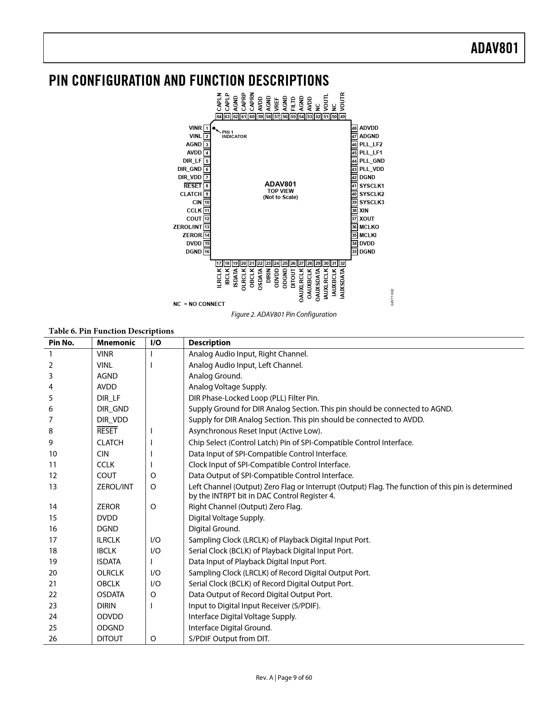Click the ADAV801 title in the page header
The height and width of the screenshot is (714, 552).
point(494,48)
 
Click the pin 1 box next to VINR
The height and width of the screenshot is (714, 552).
point(207,128)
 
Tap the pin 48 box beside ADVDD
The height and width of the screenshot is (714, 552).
point(354,128)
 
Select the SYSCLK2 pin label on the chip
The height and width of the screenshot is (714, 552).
point(371,194)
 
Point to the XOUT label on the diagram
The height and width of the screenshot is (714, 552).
point(367,219)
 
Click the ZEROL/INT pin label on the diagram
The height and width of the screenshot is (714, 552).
point(187,227)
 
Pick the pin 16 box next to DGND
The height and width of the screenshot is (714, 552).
point(207,252)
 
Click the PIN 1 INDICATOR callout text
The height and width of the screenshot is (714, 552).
point(234,135)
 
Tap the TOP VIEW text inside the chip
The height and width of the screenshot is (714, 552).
point(281,191)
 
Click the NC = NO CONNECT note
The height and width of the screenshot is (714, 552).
point(199,304)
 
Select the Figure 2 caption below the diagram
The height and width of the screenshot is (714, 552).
point(284,315)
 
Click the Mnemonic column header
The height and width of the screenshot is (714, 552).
point(116,343)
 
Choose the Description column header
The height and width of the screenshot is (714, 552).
point(210,343)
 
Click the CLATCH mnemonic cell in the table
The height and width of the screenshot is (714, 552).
point(110,443)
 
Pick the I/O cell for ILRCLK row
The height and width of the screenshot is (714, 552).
point(155,540)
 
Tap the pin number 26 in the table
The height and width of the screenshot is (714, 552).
point(53,639)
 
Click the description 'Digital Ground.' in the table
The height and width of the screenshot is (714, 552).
point(214,529)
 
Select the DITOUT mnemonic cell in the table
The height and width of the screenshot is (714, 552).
point(110,639)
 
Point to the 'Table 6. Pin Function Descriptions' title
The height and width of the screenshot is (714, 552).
point(111,331)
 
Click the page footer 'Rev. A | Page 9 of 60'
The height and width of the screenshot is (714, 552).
point(284,678)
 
